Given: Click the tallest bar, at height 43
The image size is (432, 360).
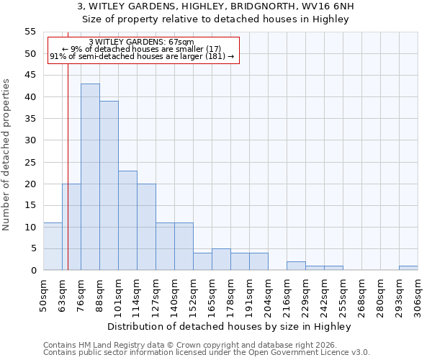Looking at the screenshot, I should tap(90, 177).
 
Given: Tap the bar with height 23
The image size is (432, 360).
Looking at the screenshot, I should tap(127, 220).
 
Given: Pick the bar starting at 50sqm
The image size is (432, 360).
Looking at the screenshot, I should tap(53, 246).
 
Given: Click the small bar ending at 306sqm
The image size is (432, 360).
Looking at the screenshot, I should tap(408, 268).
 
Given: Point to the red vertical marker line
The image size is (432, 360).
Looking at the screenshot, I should tap(68, 151).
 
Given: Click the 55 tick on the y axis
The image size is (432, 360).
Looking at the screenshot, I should tap(30, 32).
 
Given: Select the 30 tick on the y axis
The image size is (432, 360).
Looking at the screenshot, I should tap(30, 140).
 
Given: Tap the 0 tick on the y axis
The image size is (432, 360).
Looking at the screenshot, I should tap(33, 271).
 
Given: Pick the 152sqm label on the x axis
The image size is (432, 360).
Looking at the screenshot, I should tap(193, 295).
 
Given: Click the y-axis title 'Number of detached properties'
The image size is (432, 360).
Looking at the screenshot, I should tap(7, 154).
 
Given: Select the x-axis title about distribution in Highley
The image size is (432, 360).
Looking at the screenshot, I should tap(229, 326).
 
